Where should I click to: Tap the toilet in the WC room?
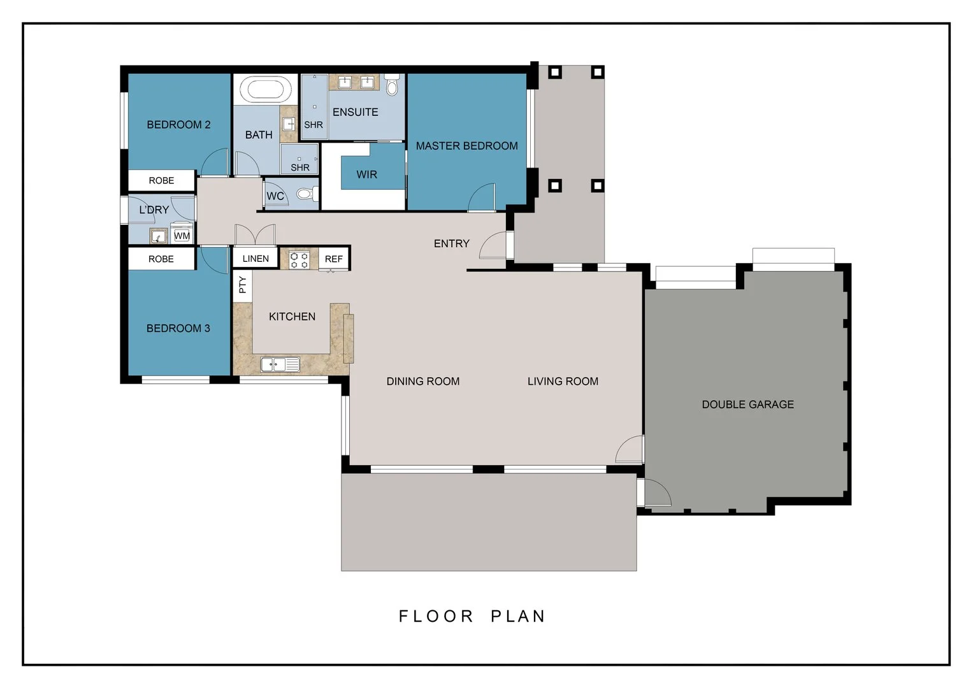(x=306, y=194)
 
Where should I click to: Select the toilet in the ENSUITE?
(x=392, y=84)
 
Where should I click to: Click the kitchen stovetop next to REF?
(x=299, y=259)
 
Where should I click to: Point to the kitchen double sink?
(x=280, y=364)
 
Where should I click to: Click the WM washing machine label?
(x=182, y=236)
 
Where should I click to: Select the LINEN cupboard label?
(x=256, y=259)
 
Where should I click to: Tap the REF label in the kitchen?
(x=333, y=259)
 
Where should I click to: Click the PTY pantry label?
(x=242, y=285)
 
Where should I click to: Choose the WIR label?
(x=366, y=175)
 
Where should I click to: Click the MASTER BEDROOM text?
(x=466, y=146)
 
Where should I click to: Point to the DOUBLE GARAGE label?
(x=747, y=405)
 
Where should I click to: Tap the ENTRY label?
(x=451, y=243)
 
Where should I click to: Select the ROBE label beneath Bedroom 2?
(x=161, y=181)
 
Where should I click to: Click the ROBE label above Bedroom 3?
(x=161, y=259)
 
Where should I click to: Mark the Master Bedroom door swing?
(x=483, y=198)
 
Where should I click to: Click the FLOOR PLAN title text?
(x=472, y=616)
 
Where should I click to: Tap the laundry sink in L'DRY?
(x=158, y=236)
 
